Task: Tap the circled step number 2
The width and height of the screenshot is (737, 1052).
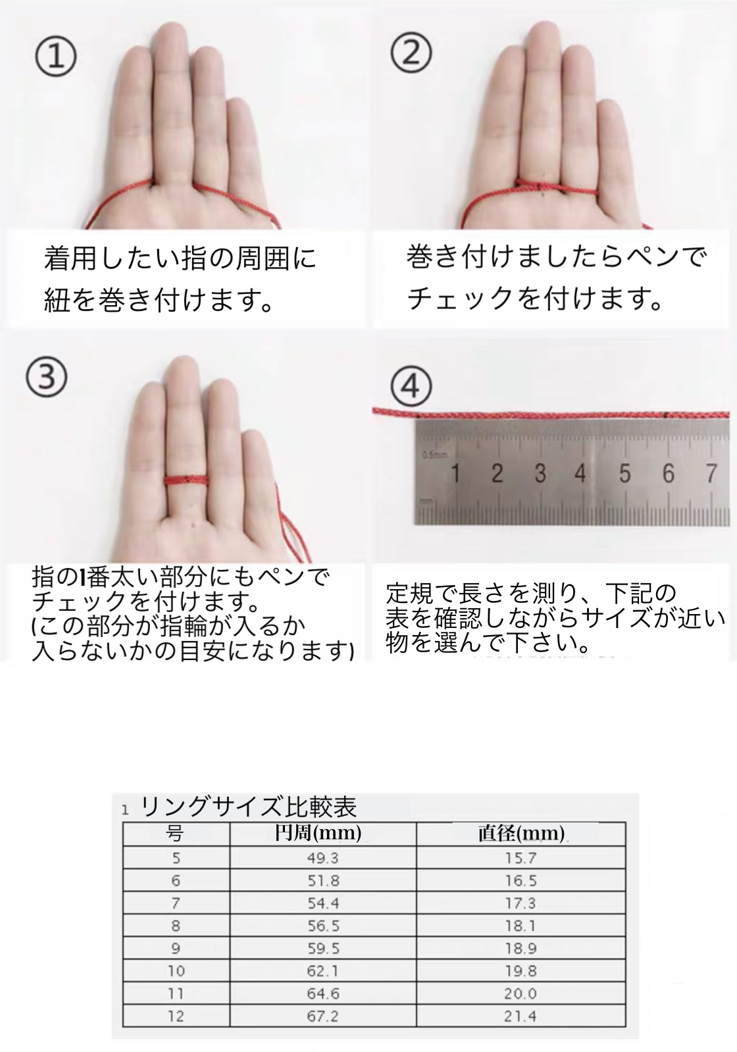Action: [x=411, y=53]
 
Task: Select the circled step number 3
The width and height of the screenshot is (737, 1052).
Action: [x=46, y=377]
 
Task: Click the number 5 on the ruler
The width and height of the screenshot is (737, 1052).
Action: [x=624, y=473]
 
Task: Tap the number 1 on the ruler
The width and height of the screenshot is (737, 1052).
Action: [x=455, y=473]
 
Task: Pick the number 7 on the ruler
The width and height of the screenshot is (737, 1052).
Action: [x=711, y=473]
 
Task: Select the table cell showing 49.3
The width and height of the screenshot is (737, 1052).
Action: [x=323, y=858]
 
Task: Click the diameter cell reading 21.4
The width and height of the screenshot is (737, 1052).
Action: [x=521, y=1016]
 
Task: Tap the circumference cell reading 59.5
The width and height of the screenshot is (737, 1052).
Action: [x=323, y=948]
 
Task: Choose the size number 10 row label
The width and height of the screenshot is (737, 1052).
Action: [x=176, y=970]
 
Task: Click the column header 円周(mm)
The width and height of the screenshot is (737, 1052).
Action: [x=318, y=832]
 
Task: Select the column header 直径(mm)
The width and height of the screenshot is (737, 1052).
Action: [x=521, y=833]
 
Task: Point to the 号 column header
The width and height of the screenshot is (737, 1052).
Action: [x=174, y=834]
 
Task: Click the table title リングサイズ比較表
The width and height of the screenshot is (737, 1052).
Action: [x=249, y=807]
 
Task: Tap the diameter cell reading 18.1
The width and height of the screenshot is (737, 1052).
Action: [x=521, y=926]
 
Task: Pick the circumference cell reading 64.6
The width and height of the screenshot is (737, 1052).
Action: [x=323, y=993]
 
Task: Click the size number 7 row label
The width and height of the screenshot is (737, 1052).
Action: [x=176, y=903]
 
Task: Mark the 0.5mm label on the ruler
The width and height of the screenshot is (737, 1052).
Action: [x=435, y=454]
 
